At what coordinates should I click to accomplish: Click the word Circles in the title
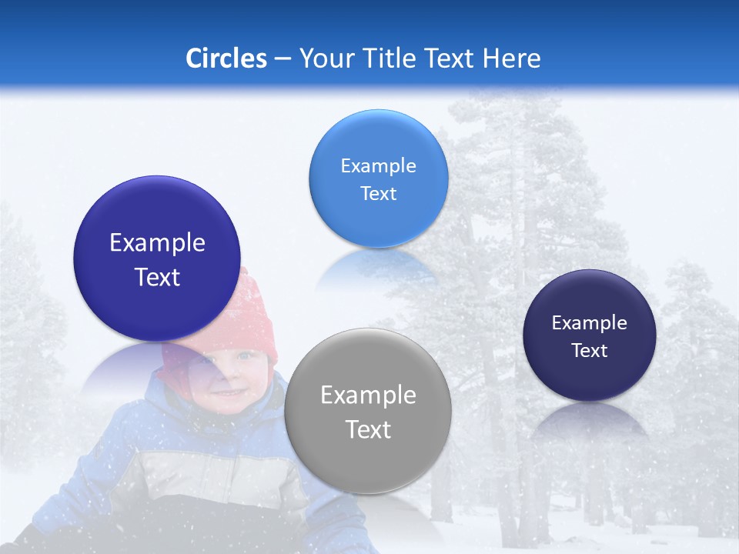click(x=226, y=58)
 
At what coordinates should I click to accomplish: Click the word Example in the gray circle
click(x=368, y=395)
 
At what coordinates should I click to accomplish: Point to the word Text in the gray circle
click(x=368, y=429)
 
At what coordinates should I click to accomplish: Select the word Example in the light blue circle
click(x=378, y=166)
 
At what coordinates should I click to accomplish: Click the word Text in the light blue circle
click(x=378, y=194)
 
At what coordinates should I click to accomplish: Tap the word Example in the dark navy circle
click(x=590, y=323)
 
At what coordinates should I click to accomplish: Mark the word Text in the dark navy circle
click(x=590, y=351)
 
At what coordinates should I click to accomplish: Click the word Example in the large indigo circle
click(x=157, y=243)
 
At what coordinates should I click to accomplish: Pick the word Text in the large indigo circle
click(x=157, y=277)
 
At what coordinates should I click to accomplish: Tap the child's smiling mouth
click(x=228, y=392)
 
